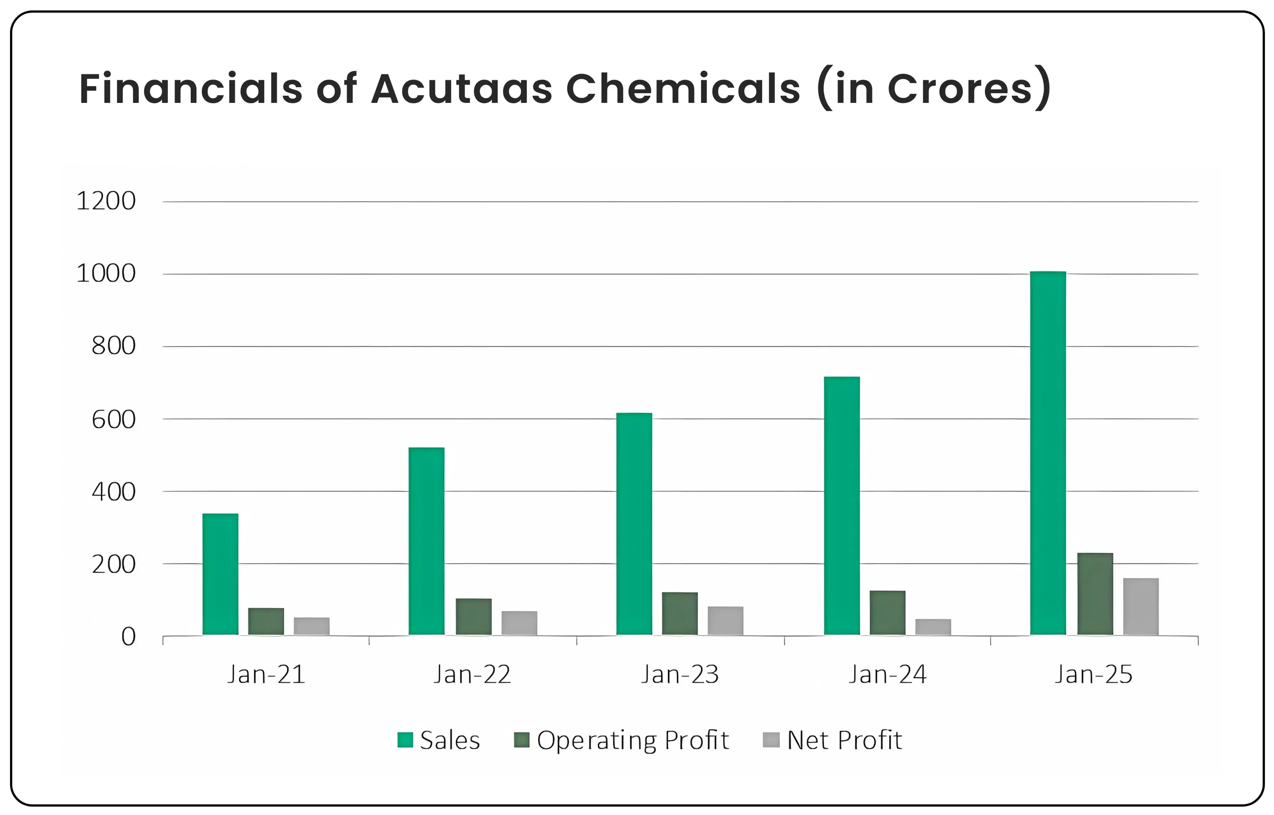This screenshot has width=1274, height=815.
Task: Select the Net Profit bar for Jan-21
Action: click(311, 626)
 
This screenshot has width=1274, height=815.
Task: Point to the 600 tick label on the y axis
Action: click(113, 420)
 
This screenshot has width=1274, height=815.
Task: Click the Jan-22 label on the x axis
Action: click(472, 675)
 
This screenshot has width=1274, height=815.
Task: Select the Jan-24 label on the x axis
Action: click(887, 675)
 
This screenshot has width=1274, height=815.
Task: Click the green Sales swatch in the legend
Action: click(405, 740)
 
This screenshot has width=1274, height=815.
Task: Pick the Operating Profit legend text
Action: click(633, 740)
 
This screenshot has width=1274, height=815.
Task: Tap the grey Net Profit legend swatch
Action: click(771, 740)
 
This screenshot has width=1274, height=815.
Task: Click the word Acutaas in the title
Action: click(461, 89)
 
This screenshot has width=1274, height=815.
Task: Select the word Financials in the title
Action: click(191, 89)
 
